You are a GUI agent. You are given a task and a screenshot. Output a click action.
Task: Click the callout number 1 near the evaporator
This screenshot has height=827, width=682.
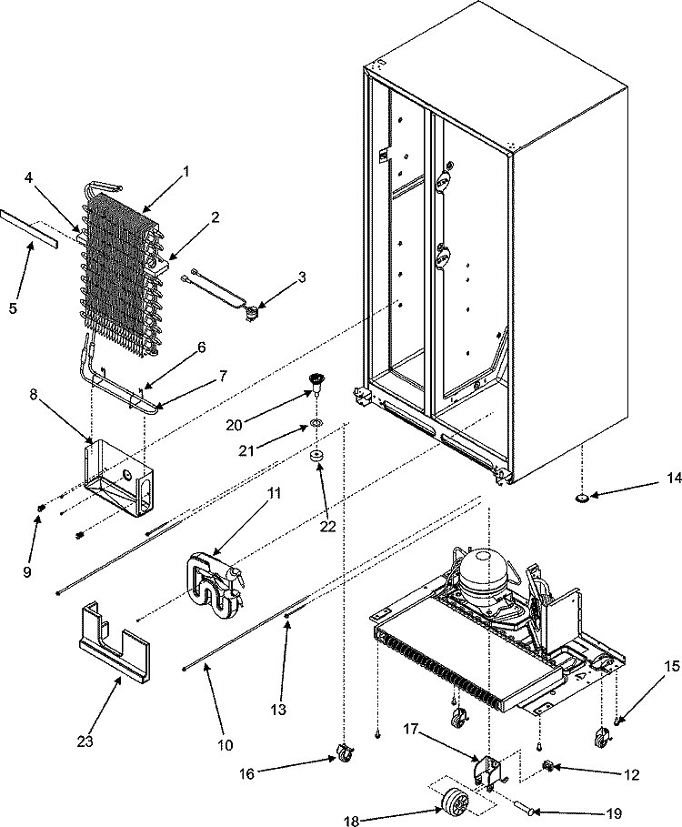coord(186,170)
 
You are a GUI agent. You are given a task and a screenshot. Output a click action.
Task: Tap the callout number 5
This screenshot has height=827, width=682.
coord(13,308)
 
